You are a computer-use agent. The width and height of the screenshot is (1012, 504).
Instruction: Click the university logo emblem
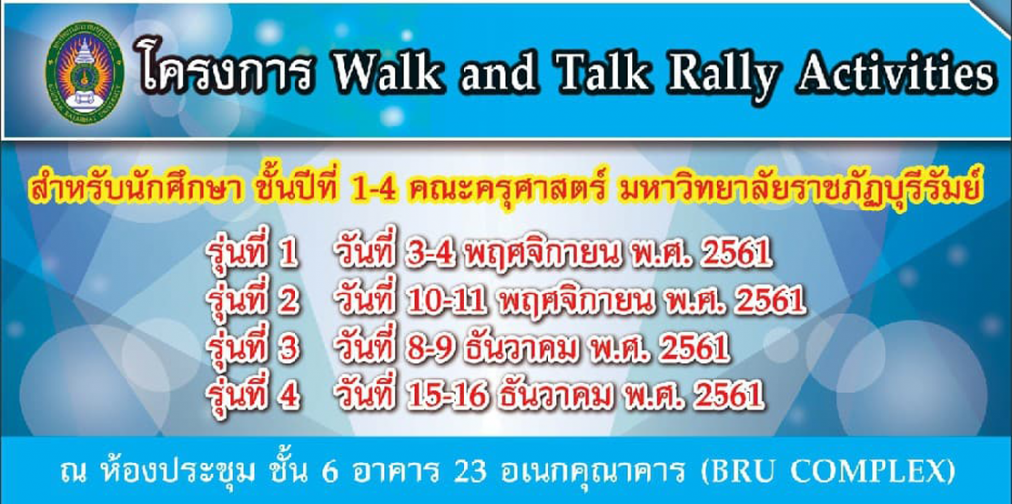85,72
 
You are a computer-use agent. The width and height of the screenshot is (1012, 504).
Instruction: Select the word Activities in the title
894,74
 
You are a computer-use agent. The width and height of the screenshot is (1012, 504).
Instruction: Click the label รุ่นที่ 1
251,253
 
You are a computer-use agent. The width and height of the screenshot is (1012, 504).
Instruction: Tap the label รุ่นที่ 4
252,392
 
